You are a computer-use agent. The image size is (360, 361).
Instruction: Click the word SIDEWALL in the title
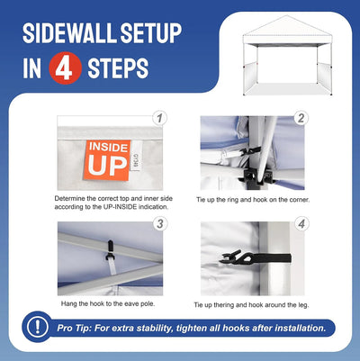coord(69,32)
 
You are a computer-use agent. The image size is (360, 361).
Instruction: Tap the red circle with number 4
coord(65,68)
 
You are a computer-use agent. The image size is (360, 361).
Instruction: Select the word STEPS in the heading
coord(118,68)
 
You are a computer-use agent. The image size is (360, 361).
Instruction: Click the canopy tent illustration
coord(287,56)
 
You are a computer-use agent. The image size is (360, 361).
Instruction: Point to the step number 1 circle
coord(159,118)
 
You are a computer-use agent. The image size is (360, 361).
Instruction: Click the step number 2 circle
coord(301,118)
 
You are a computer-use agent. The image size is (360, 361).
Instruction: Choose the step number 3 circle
coord(159,224)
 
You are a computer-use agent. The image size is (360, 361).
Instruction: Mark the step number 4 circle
coord(301,224)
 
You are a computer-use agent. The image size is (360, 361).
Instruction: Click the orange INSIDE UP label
coord(107,160)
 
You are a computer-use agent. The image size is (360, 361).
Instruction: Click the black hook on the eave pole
coord(110,251)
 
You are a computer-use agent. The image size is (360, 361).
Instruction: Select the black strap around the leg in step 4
coord(256,258)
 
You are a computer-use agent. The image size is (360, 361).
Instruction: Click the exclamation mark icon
coord(38,327)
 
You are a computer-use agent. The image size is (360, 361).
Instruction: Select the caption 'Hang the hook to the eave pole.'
coord(108,303)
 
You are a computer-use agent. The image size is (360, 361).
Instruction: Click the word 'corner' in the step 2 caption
coord(299,200)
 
